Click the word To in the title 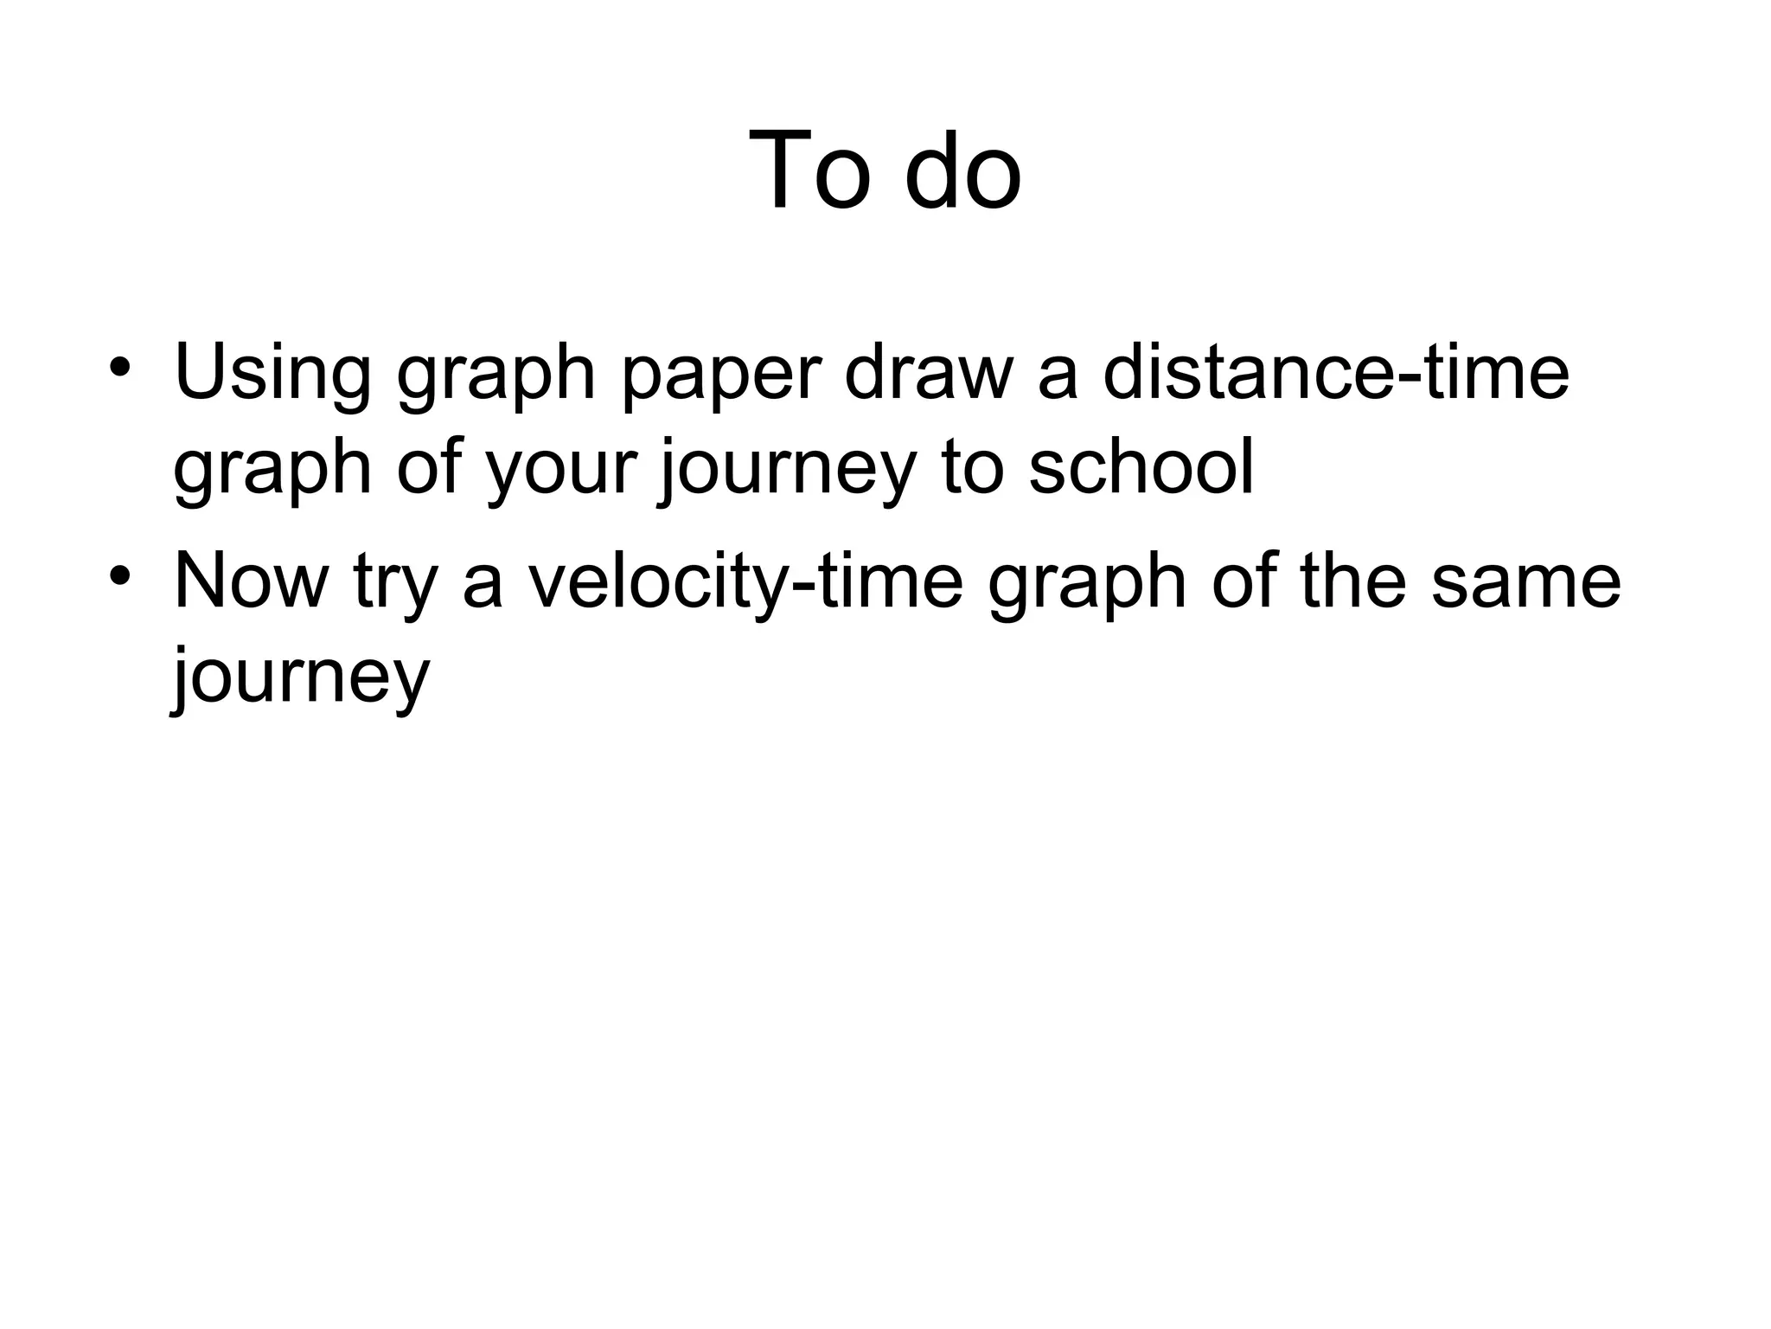(x=810, y=170)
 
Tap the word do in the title (x=962, y=170)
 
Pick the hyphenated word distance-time (x=1335, y=372)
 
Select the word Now (x=252, y=580)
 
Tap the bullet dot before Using (x=120, y=367)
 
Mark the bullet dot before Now (x=120, y=575)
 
